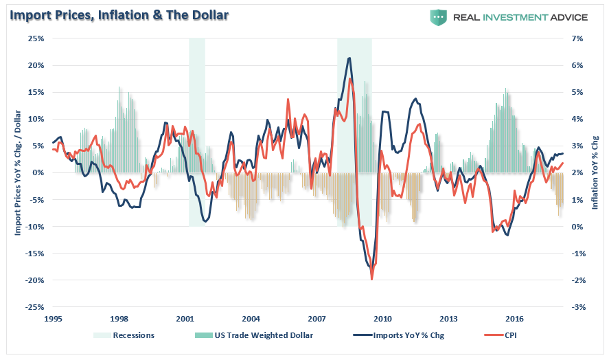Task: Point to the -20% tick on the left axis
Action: (x=34, y=280)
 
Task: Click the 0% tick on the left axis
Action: (x=38, y=172)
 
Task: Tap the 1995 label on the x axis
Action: (x=53, y=319)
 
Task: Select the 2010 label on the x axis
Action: (x=382, y=319)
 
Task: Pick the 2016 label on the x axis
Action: (x=514, y=319)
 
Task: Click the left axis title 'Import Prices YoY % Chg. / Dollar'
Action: (x=19, y=172)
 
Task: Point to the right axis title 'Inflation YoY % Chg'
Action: (x=596, y=172)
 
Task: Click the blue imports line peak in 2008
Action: (x=350, y=58)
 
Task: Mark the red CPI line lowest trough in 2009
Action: (x=371, y=279)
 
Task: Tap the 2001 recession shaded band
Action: (x=197, y=131)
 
